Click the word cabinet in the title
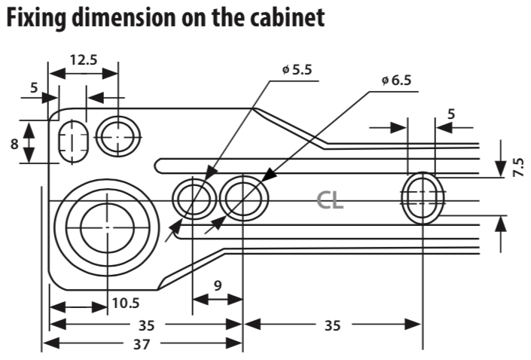tap(288, 17)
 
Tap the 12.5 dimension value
tap(84, 60)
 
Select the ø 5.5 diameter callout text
tap(297, 70)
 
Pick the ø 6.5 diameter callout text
tap(396, 81)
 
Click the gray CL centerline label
tap(330, 201)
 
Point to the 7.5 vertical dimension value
tap(518, 167)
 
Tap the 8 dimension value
tap(14, 145)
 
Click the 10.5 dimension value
tap(126, 303)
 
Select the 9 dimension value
tap(218, 286)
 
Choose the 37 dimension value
tap(142, 344)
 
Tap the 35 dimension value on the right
tap(332, 325)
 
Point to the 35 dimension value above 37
tap(147, 325)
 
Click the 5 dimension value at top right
tap(450, 114)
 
